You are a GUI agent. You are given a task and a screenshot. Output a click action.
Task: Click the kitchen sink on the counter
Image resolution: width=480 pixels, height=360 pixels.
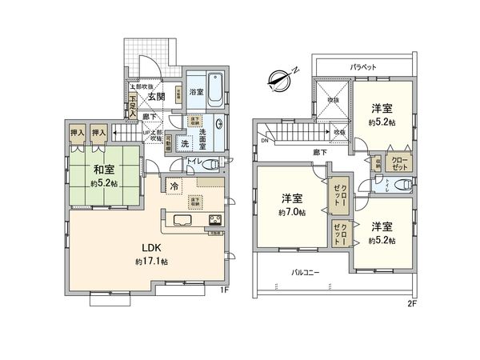181,220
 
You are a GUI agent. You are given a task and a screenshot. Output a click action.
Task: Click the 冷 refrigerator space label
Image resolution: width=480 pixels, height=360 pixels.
174,187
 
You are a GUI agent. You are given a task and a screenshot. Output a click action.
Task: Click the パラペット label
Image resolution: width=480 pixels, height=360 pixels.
363,66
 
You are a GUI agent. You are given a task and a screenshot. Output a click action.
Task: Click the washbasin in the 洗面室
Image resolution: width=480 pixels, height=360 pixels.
218,130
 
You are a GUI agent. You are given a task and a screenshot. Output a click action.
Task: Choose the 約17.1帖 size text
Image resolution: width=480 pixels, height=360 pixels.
151,262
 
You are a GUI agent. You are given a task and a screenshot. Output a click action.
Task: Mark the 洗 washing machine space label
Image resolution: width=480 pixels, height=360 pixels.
185,144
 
